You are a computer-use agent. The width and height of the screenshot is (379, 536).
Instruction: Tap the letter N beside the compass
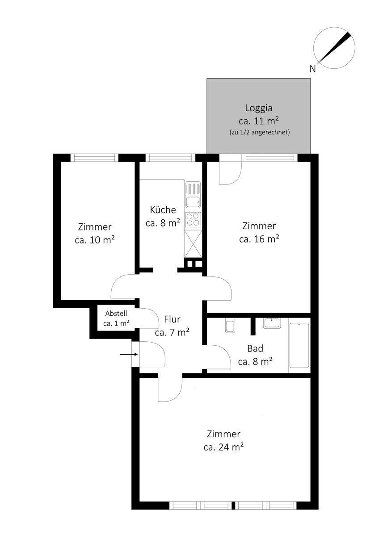tap(313, 69)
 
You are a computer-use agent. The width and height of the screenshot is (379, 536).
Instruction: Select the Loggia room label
tap(259, 108)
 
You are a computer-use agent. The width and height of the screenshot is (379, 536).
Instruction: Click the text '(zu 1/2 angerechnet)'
tap(260, 132)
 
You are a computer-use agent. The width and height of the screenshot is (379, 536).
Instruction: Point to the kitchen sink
tap(193, 195)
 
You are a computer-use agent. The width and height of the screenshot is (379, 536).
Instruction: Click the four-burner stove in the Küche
tap(193, 219)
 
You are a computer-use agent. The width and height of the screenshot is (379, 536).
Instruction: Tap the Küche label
tap(163, 209)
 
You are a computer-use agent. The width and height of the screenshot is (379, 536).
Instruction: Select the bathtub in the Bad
tap(299, 345)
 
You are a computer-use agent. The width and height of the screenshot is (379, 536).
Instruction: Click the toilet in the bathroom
tap(230, 326)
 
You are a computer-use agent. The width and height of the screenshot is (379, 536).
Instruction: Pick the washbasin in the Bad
tap(272, 323)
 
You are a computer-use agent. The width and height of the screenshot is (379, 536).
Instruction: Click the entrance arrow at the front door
tap(129, 354)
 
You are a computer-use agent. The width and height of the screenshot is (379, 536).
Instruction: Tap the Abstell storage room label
tap(116, 313)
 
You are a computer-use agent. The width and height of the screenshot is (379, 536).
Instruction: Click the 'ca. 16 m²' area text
tap(259, 239)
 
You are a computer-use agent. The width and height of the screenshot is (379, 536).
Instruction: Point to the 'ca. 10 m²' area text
tap(95, 239)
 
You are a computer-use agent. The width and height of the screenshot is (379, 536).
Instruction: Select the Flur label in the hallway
tap(172, 319)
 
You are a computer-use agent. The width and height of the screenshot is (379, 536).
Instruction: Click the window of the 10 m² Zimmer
tap(95, 158)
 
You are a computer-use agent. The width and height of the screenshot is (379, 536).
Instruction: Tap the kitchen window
tap(170, 158)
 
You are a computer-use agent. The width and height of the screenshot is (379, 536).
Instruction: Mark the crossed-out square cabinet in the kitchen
tap(193, 244)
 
